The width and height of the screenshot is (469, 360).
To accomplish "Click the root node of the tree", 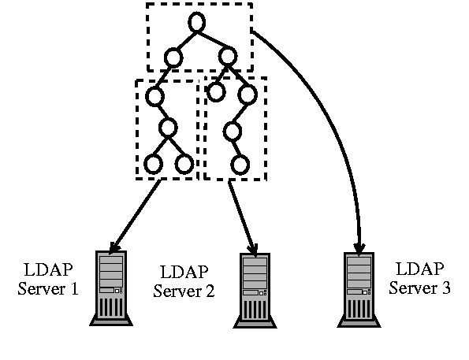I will pyautogui.click(x=196, y=21).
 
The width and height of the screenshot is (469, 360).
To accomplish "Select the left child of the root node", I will pyautogui.click(x=173, y=57).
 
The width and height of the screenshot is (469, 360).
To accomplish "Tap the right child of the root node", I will pyautogui.click(x=228, y=56).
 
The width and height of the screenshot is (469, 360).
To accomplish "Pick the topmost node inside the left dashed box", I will pyautogui.click(x=154, y=95).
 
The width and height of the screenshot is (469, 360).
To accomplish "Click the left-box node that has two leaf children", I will pyautogui.click(x=168, y=128).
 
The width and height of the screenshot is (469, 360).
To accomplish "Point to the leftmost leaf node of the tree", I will pyautogui.click(x=152, y=164).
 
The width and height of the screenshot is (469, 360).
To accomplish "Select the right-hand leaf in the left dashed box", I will pyautogui.click(x=184, y=164).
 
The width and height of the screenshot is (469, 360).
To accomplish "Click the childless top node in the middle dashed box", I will pyautogui.click(x=215, y=93).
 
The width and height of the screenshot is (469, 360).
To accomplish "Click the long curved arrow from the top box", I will pyautogui.click(x=331, y=118).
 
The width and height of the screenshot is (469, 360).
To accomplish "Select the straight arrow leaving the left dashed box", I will pyautogui.click(x=136, y=212).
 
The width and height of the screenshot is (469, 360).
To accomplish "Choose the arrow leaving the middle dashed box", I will pyautogui.click(x=241, y=214).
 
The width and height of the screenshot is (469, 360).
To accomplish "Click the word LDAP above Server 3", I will pyautogui.click(x=420, y=269).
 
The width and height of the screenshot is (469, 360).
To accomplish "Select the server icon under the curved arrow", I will pyautogui.click(x=359, y=288).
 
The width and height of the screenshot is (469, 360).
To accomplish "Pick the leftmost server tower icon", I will pyautogui.click(x=111, y=288).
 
